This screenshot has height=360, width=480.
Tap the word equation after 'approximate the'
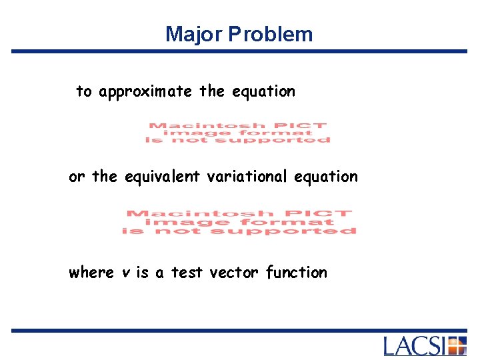263,91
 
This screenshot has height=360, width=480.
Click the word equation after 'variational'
327,177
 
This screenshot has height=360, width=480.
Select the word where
91,273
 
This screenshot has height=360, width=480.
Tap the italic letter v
127,273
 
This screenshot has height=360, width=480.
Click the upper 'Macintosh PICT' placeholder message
237,132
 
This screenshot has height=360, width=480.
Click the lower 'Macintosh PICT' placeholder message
239,222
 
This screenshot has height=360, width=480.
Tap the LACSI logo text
414,346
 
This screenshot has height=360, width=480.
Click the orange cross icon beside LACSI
456,346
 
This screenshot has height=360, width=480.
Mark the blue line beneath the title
239,51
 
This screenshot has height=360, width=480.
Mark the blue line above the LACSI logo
239,330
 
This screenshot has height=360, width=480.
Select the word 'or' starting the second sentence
77,177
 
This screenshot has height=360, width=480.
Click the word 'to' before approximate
84,91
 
